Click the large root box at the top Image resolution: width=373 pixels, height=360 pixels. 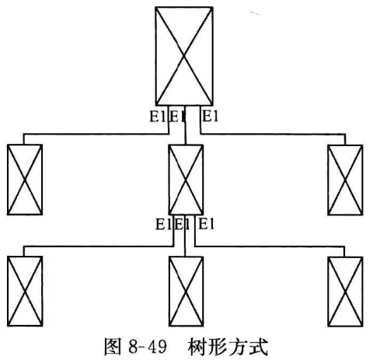pyautogui.click(x=184, y=56)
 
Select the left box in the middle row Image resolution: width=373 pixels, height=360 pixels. pyautogui.click(x=25, y=180)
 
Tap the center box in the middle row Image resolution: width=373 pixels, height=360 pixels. pyautogui.click(x=186, y=180)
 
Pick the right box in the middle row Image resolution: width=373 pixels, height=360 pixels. pyautogui.click(x=345, y=180)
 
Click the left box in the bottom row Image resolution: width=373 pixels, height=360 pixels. pyautogui.click(x=25, y=291)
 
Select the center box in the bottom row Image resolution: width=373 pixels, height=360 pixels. pyautogui.click(x=186, y=292)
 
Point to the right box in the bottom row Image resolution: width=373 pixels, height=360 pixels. pyautogui.click(x=345, y=292)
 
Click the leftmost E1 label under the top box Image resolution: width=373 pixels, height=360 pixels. pyautogui.click(x=157, y=116)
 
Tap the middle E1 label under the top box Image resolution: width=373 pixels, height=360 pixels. pyautogui.click(x=177, y=116)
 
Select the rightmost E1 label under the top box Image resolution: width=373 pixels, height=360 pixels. pyautogui.click(x=210, y=116)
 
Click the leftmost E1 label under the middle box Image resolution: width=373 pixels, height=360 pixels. pyautogui.click(x=163, y=224)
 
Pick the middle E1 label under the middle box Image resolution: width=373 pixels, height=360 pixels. pyautogui.click(x=182, y=224)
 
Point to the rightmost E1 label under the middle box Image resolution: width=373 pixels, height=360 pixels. pyautogui.click(x=207, y=224)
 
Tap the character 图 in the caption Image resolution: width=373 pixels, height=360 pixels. pyautogui.click(x=113, y=347)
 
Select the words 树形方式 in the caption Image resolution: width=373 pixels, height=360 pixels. pyautogui.click(x=228, y=347)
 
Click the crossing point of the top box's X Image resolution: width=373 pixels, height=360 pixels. pyautogui.click(x=184, y=56)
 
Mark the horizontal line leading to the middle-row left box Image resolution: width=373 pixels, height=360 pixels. pyautogui.click(x=96, y=134)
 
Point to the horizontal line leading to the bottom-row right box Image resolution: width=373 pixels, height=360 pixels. pyautogui.click(x=270, y=246)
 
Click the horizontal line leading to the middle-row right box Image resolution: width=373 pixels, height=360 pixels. pyautogui.click(x=273, y=134)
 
